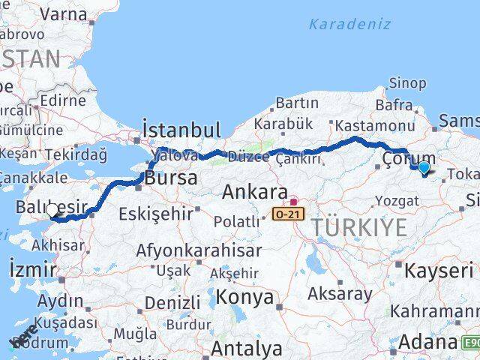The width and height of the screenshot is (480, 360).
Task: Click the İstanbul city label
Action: (x=181, y=130)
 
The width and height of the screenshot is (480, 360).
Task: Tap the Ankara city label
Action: (x=254, y=191)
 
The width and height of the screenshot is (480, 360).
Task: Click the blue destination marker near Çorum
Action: (x=424, y=168)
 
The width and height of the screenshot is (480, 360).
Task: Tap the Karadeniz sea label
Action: (x=349, y=23)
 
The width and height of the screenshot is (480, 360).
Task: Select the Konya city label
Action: (x=244, y=297)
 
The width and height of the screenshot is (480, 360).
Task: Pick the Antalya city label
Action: (x=247, y=348)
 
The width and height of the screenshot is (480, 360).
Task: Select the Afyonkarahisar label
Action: (x=199, y=250)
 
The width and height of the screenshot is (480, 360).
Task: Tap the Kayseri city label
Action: (x=440, y=268)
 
